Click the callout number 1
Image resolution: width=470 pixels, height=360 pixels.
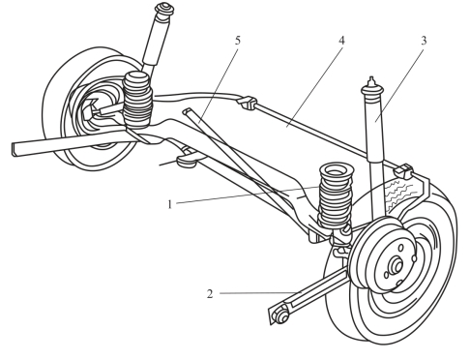[170, 204]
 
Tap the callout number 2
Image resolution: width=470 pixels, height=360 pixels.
[210, 294]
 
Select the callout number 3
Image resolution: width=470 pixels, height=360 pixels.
[424, 41]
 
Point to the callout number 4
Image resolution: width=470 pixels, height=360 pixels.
[341, 41]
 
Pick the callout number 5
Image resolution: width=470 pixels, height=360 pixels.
[238, 41]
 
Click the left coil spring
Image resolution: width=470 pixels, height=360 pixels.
[137, 100]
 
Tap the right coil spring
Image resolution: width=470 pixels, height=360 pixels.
[336, 196]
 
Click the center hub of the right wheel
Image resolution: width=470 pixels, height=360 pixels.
[397, 266]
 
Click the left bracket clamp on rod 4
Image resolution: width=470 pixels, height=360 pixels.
[248, 103]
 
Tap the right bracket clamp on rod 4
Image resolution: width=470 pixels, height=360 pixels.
[404, 171]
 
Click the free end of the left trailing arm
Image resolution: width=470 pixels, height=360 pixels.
[15, 149]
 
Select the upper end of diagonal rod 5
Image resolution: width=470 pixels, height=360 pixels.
[187, 111]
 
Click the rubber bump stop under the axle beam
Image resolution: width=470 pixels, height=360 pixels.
[187, 161]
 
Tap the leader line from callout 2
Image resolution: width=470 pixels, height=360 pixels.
[258, 293]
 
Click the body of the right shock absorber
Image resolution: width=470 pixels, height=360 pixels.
[375, 128]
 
